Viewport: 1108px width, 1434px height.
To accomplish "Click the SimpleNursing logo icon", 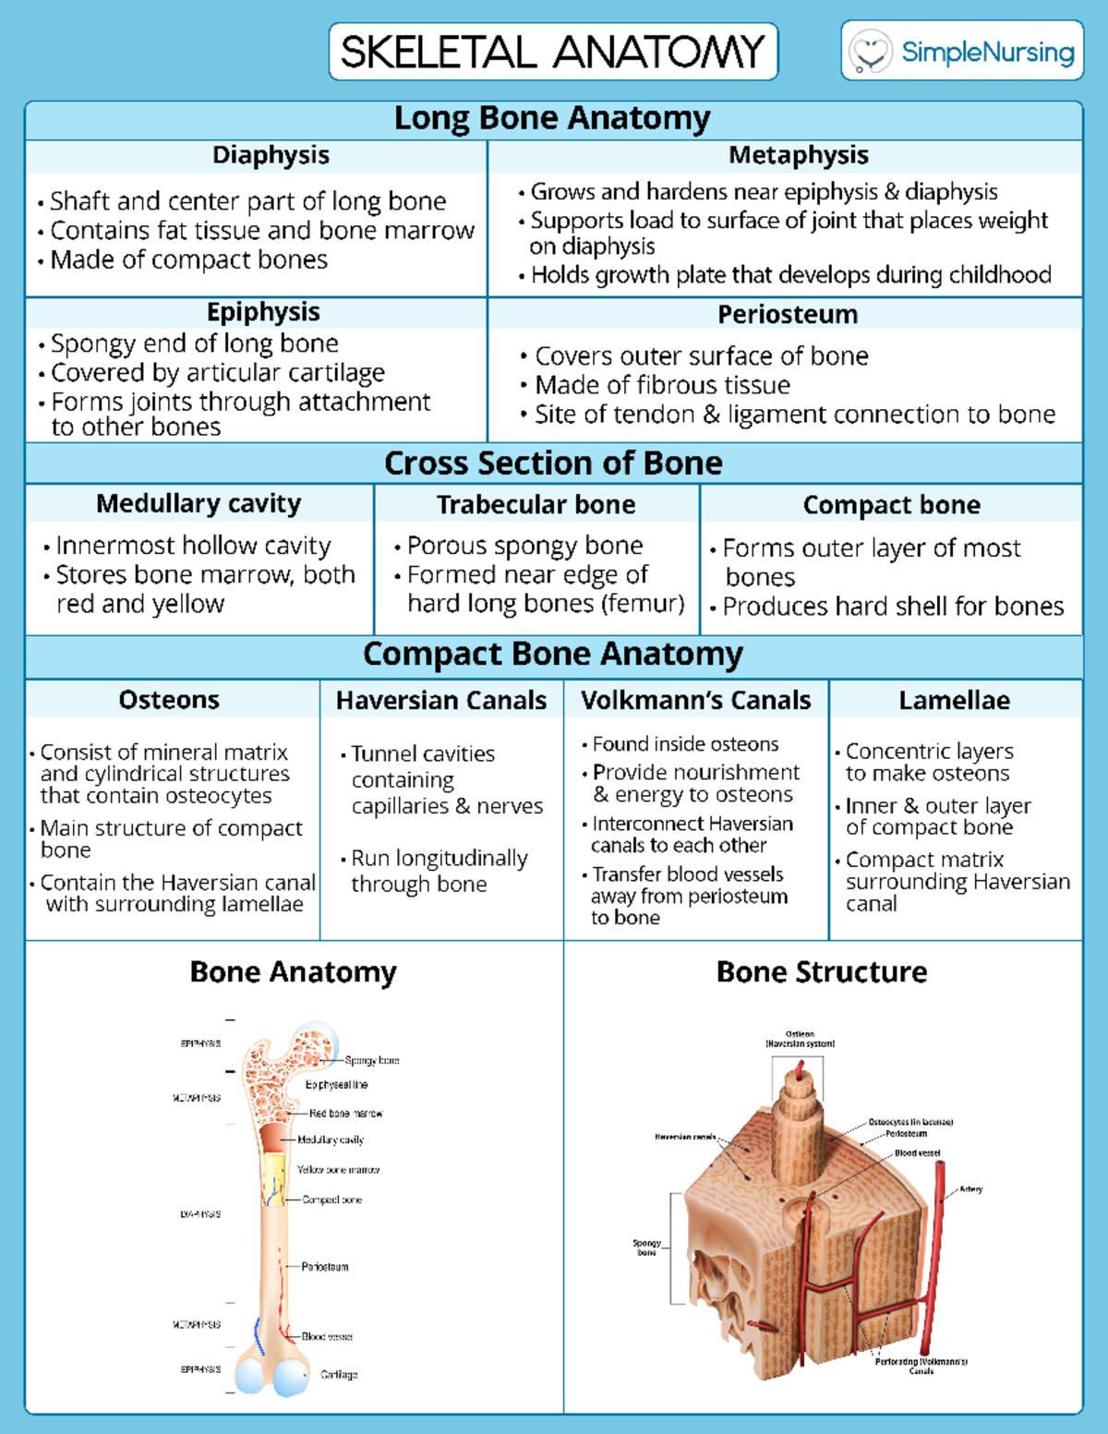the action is click(870, 51).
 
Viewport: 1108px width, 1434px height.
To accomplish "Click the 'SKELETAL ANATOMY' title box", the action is click(553, 52).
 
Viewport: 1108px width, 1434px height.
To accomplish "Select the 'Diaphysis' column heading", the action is click(271, 155).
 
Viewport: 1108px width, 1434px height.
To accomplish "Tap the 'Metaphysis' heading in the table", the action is click(798, 155).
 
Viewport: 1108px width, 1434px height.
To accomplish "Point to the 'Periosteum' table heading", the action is click(788, 314).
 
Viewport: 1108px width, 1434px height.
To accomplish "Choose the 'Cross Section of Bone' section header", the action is click(553, 463).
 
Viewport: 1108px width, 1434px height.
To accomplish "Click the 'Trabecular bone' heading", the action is click(536, 504).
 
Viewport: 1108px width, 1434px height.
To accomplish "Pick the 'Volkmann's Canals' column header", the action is click(695, 700).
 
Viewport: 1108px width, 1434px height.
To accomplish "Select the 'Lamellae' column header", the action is click(954, 700).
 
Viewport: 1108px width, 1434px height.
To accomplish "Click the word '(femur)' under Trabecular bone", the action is click(643, 603).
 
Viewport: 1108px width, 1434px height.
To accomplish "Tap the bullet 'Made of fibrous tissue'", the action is click(662, 385).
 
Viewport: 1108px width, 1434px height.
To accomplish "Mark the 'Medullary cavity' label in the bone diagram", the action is click(331, 1139).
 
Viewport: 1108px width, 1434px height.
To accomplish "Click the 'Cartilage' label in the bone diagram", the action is click(339, 1374).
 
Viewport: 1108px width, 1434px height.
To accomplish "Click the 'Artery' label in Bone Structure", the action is click(970, 1189).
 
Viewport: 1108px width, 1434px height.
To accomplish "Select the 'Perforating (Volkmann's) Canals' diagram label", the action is click(921, 1366).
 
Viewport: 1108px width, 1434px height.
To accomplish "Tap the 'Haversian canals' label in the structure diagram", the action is click(685, 1137).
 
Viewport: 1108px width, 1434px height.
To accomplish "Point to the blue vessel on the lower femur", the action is click(257, 1336).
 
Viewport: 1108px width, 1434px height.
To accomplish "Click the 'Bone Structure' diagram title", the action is click(822, 971).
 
